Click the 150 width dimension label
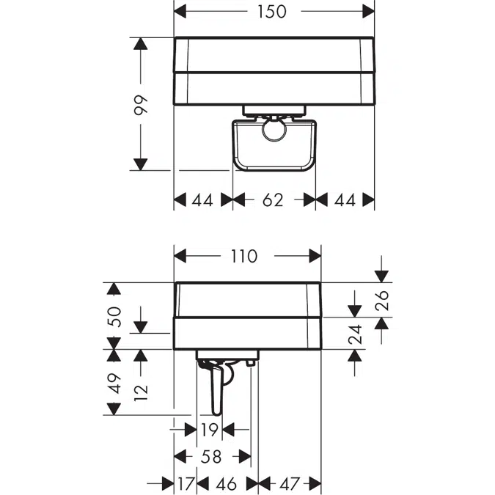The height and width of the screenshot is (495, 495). click(x=272, y=12)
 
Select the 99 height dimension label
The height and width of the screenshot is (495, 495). click(x=141, y=104)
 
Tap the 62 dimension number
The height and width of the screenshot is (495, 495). click(x=273, y=199)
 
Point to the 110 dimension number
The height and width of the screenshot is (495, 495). click(x=244, y=256)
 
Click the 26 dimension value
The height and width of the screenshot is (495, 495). click(x=381, y=300)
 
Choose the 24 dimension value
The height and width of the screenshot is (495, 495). click(x=355, y=334)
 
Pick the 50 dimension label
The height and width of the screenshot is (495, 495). click(x=114, y=317)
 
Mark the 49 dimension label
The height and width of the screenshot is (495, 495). click(x=114, y=384)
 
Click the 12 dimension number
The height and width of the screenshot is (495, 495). click(x=141, y=393)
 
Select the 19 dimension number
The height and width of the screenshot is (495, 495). click(x=210, y=430)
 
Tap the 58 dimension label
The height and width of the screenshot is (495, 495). click(x=211, y=457)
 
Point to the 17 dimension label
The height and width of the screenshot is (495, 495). click(x=186, y=484)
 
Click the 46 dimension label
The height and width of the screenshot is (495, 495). click(x=227, y=484)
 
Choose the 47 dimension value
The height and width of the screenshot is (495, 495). click(x=289, y=484)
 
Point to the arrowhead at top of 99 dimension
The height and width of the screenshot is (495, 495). click(x=141, y=43)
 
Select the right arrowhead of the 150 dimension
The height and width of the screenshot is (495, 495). click(x=368, y=12)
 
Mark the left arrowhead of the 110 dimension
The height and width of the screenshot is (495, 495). click(x=180, y=256)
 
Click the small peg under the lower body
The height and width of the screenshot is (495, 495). click(x=250, y=363)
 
